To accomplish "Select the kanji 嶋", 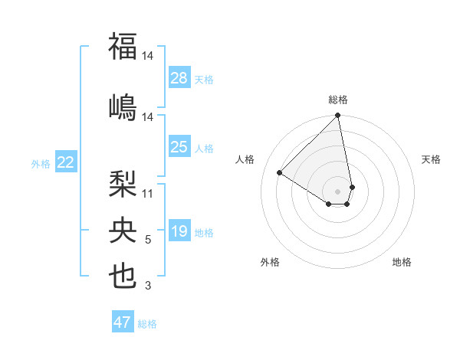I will tap(123, 106).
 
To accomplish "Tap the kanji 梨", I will tap(123, 183).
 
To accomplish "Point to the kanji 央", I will tap(123, 229).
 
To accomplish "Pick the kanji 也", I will tap(123, 276).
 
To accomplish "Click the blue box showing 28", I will tap(179, 78).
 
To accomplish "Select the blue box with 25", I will tap(179, 147).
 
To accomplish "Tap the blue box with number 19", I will tap(179, 231).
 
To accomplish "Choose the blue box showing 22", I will tap(66, 162).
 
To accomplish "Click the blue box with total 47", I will tap(123, 322).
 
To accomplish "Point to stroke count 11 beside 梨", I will tap(148, 194).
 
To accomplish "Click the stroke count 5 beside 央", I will tap(148, 241).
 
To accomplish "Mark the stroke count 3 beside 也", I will tap(148, 286).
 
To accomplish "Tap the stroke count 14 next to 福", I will tap(148, 56).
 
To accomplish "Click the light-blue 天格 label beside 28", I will tap(204, 80).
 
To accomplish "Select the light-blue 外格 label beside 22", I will tap(41, 163).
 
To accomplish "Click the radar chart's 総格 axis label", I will tap(338, 100).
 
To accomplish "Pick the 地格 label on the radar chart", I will tap(402, 262).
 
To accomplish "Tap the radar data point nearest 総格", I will tap(338, 116).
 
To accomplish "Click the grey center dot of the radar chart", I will tap(337, 191).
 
